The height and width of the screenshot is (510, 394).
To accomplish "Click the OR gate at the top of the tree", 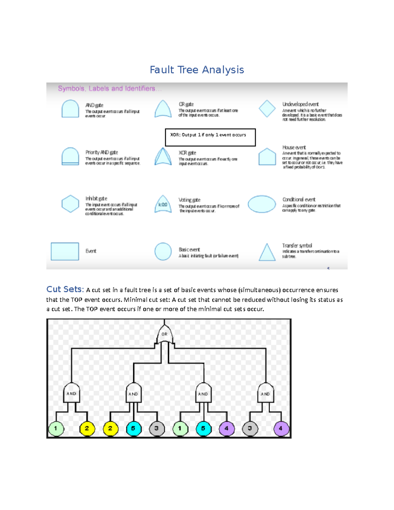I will [x=164, y=334].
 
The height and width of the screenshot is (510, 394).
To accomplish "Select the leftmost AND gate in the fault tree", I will [x=71, y=393].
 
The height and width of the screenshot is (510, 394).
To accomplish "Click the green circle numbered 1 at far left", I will [x=56, y=428].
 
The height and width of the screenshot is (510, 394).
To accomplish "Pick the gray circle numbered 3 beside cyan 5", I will [x=157, y=428].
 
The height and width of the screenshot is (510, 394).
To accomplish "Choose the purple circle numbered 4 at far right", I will [x=281, y=428].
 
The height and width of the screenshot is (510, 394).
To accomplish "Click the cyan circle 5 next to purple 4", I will [x=203, y=428].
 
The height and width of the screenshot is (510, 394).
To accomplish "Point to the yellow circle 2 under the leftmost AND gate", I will [x=87, y=428].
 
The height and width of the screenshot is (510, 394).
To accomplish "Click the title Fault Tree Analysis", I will [x=197, y=70].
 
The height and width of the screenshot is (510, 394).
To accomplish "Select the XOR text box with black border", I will [x=210, y=137].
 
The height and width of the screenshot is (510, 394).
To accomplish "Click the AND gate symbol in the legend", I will [x=70, y=109].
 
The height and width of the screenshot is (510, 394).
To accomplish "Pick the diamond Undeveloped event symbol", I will [x=267, y=109].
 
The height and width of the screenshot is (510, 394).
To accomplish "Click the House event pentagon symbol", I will [x=267, y=157].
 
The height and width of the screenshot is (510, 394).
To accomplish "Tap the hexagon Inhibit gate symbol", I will [x=70, y=204].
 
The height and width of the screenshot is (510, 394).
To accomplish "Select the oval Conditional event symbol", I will [x=262, y=204].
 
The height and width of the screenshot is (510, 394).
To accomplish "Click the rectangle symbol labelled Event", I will [x=65, y=252].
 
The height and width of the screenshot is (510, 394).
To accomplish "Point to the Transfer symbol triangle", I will [x=267, y=253].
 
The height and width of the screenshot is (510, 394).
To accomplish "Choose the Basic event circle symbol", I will [x=163, y=252].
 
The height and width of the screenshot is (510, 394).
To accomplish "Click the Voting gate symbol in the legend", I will [x=163, y=204].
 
